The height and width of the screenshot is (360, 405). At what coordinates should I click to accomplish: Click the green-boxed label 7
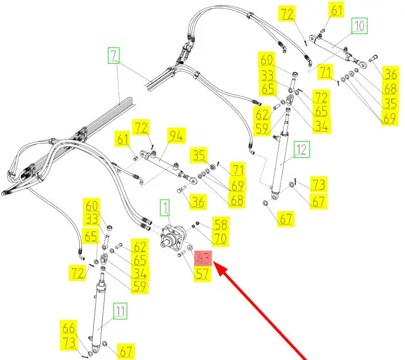[113, 56]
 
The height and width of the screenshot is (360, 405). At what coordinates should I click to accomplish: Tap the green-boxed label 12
[302, 149]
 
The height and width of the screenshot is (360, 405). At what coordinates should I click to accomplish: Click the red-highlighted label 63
[204, 258]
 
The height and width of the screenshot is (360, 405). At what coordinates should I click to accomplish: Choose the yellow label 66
[69, 329]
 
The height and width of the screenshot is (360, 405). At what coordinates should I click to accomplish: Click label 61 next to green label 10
[336, 9]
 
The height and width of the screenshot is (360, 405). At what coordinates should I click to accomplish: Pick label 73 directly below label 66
[69, 342]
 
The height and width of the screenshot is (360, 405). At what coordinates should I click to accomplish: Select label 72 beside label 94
[143, 129]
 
